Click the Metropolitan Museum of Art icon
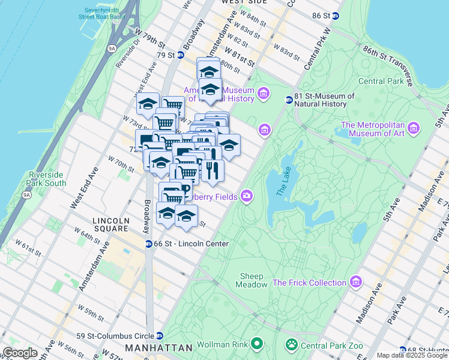click(x=412, y=128)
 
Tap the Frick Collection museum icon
click(x=356, y=281)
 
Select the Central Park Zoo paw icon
click(x=291, y=344)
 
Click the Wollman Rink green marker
click(x=257, y=344)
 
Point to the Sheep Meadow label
click(x=253, y=280)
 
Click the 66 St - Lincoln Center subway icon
click(x=148, y=244)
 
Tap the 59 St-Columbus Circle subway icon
click(x=160, y=336)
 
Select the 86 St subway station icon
click(x=335, y=16)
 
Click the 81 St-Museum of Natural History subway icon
click(x=289, y=100)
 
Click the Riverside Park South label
click(x=47, y=179)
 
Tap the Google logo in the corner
click(x=20, y=353)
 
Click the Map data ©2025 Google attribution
click(x=411, y=355)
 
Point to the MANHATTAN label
click(x=158, y=348)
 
